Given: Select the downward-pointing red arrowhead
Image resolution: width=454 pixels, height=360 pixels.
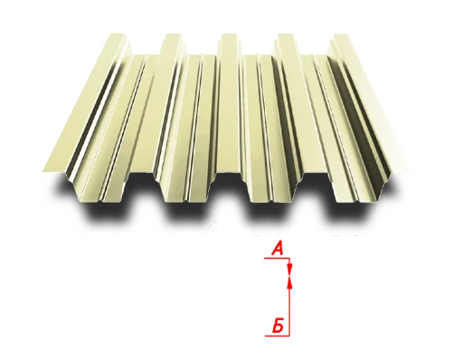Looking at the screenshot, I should (289, 269).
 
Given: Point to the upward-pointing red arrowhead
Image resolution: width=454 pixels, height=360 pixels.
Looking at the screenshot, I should (289, 281).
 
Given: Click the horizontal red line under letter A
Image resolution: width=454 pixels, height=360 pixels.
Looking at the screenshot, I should (277, 258).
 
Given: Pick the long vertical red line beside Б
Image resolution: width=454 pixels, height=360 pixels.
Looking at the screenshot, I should (289, 308).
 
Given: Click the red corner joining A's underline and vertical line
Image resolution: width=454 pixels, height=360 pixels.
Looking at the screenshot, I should (289, 258).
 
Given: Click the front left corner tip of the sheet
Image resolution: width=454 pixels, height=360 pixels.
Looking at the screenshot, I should (43, 172).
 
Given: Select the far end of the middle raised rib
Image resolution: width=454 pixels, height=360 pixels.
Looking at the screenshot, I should (227, 38).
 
